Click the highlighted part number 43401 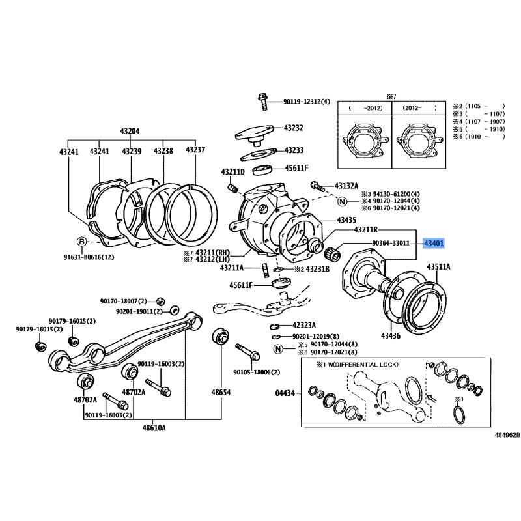tap(434, 243)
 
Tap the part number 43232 tap(294, 128)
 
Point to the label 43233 tap(294, 150)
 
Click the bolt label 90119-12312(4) tap(307, 102)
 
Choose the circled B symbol tap(82, 242)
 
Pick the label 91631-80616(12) tap(92, 257)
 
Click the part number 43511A tap(438, 267)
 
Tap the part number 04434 tap(285, 393)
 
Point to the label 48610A tap(155, 428)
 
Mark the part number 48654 tap(221, 393)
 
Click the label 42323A tap(303, 325)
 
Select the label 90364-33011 tap(391, 243)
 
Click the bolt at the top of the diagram tap(262, 102)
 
